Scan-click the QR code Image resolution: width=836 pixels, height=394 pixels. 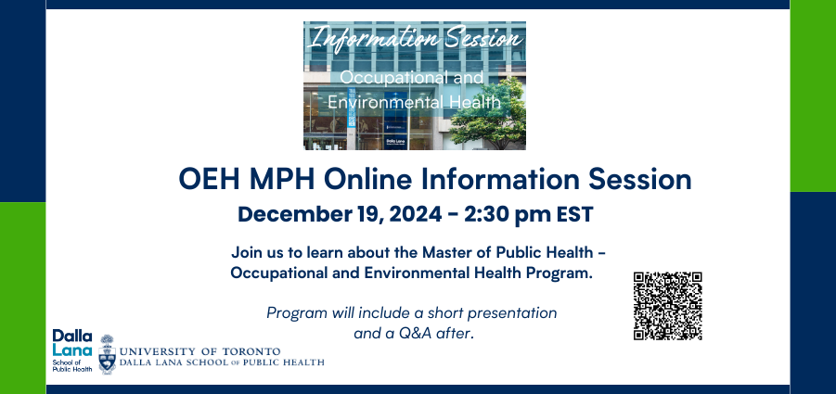click(x=667, y=306)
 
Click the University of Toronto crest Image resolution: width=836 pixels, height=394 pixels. click(x=107, y=355)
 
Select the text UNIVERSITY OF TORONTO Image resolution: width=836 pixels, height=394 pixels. click(x=199, y=352)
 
